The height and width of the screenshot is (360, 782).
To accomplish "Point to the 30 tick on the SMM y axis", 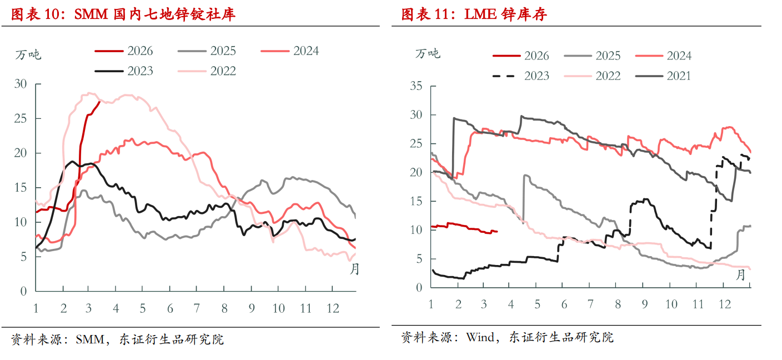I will [20, 84].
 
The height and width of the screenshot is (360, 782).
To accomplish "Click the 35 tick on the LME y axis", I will [416, 86].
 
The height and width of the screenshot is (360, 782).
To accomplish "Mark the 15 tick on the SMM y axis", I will [20, 188].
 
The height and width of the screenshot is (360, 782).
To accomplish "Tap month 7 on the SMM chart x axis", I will [197, 308].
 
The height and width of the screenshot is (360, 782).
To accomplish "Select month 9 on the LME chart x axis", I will [644, 304].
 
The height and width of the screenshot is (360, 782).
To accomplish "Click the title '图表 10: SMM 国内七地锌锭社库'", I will [123, 14].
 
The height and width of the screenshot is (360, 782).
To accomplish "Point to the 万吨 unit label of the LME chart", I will [428, 53].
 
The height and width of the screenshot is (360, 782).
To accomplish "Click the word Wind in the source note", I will [480, 337].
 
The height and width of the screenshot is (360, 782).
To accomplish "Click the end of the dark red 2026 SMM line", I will [99, 102].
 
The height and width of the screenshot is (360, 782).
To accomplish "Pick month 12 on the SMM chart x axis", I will [332, 308].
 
